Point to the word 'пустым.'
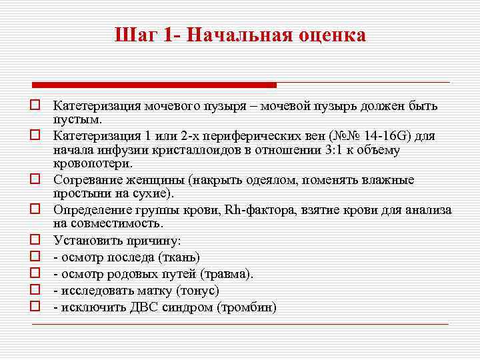tap(78, 119)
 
